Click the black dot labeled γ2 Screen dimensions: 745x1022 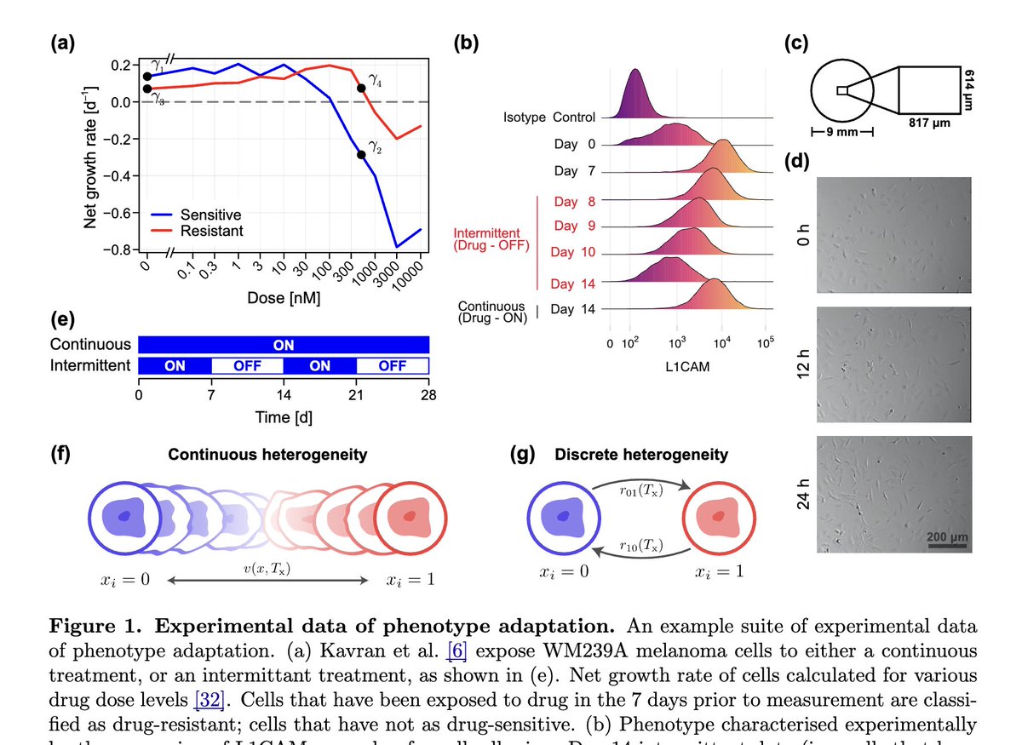(x=361, y=154)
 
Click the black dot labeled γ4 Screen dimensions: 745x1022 (x=361, y=88)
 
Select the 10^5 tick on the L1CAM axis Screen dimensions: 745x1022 (x=766, y=343)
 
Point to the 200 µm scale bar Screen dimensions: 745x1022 (x=946, y=547)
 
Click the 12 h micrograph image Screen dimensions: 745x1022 (x=893, y=361)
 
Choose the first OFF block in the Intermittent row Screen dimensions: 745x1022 (x=247, y=366)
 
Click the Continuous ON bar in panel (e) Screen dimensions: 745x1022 (x=284, y=345)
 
